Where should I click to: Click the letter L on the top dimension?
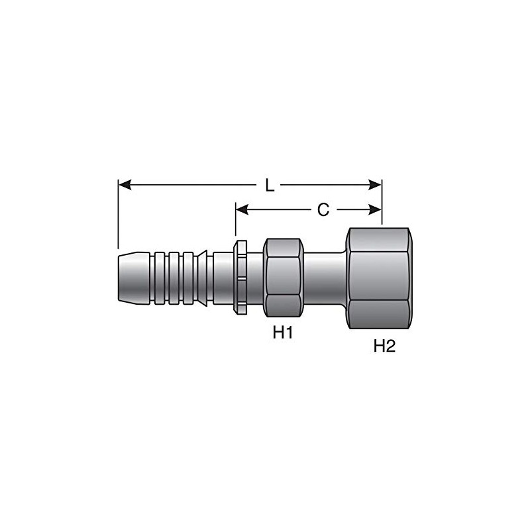tap(270, 185)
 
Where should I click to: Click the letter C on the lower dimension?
tap(323, 210)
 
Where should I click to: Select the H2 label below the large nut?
tap(384, 346)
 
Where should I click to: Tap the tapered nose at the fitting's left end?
tap(132, 278)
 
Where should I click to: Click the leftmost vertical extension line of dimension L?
tap(117, 212)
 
